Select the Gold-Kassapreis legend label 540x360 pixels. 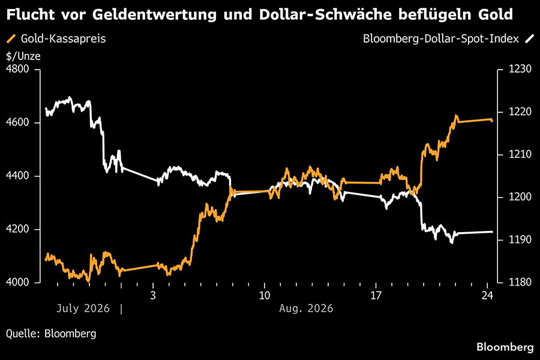pyautogui.click(x=64, y=38)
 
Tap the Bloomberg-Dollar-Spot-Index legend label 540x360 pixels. pyautogui.click(x=441, y=38)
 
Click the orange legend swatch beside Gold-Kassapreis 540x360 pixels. pyautogui.click(x=11, y=38)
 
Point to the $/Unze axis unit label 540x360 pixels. pyautogui.click(x=23, y=56)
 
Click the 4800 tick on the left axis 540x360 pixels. pyautogui.click(x=17, y=69)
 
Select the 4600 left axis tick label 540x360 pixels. pyautogui.click(x=17, y=122)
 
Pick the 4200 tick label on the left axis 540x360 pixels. pyautogui.click(x=17, y=229)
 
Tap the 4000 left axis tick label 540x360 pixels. pyautogui.click(x=17, y=282)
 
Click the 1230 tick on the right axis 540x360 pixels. pyautogui.click(x=520, y=69)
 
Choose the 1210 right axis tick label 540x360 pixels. pyautogui.click(x=520, y=154)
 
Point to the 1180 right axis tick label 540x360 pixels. pyautogui.click(x=520, y=282)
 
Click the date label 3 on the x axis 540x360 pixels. pyautogui.click(x=153, y=296)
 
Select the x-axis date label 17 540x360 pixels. pyautogui.click(x=376, y=296)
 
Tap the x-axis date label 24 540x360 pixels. pyautogui.click(x=487, y=296)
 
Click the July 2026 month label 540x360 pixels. pyautogui.click(x=83, y=308)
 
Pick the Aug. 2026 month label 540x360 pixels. pyautogui.click(x=306, y=308)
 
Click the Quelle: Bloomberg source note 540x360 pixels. pyautogui.click(x=51, y=334)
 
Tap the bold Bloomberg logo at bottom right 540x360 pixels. pyautogui.click(x=505, y=347)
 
